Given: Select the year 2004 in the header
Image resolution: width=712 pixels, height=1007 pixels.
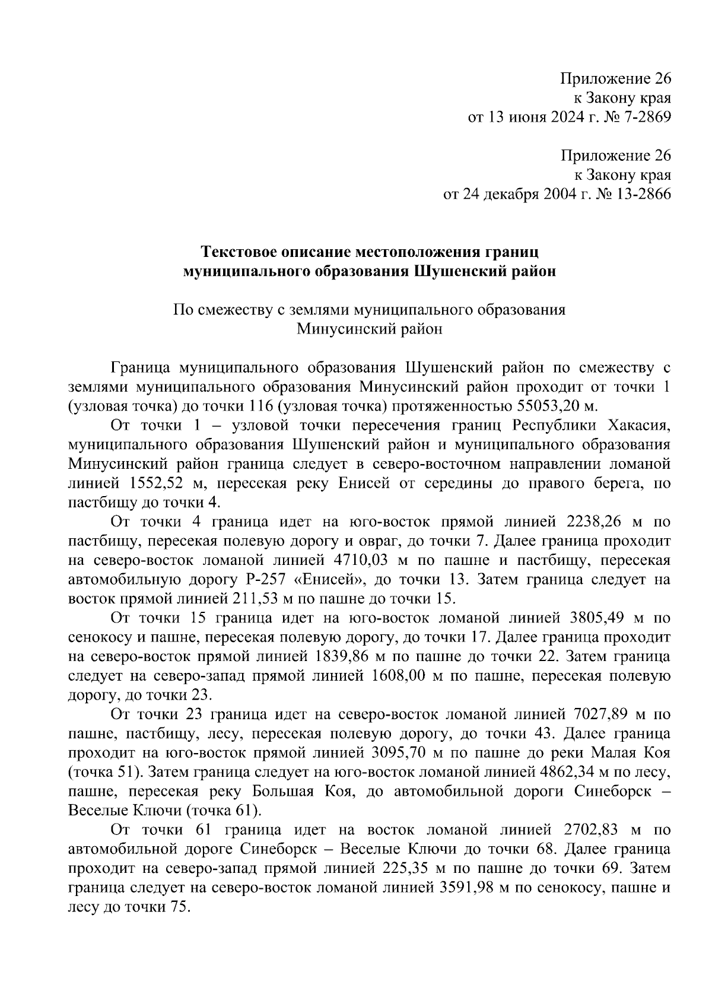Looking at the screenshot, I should (557, 195).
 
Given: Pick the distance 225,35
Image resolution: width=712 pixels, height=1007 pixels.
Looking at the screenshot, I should (400, 869).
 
